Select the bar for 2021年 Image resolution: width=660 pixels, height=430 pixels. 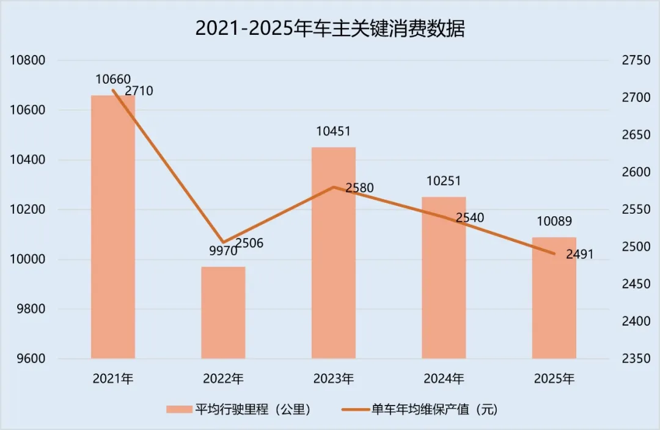pyautogui.click(x=113, y=227)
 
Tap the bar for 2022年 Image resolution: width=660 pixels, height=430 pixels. pyautogui.click(x=223, y=312)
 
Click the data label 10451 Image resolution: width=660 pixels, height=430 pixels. pyautogui.click(x=333, y=131)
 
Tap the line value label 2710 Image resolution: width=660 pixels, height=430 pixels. pyautogui.click(x=139, y=92)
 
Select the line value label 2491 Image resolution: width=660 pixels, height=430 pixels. pyautogui.click(x=579, y=254)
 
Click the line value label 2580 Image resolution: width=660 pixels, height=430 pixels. pyautogui.click(x=359, y=188)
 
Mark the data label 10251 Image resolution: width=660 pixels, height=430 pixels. pyautogui.click(x=444, y=181)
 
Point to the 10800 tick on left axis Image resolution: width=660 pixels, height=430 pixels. pyautogui.click(x=28, y=60)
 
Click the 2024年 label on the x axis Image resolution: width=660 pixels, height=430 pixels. pyautogui.click(x=444, y=379)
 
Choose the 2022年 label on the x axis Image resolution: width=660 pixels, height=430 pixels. pyautogui.click(x=223, y=379)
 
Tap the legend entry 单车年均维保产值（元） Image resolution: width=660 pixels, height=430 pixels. pyautogui.click(x=434, y=409)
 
